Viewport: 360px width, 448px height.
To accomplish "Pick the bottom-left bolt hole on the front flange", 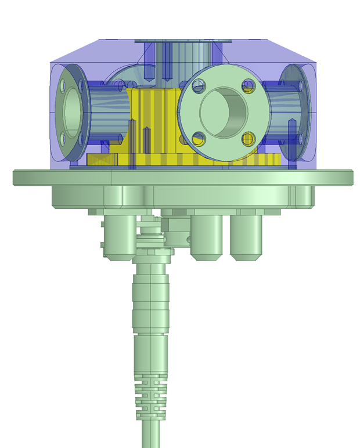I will point(199,138).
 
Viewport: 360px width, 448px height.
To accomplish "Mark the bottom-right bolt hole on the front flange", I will point(249,138).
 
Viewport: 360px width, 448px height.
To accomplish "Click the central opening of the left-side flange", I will point(71,111).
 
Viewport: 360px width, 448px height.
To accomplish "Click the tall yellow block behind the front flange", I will point(154,116).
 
